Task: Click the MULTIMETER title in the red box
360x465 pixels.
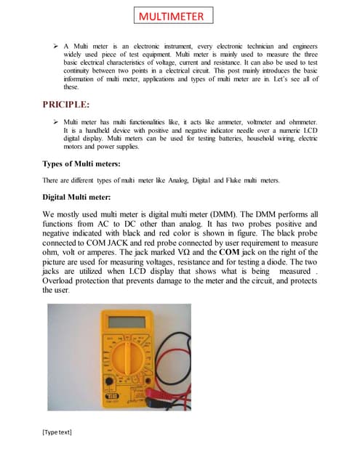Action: pyautogui.click(x=172, y=16)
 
